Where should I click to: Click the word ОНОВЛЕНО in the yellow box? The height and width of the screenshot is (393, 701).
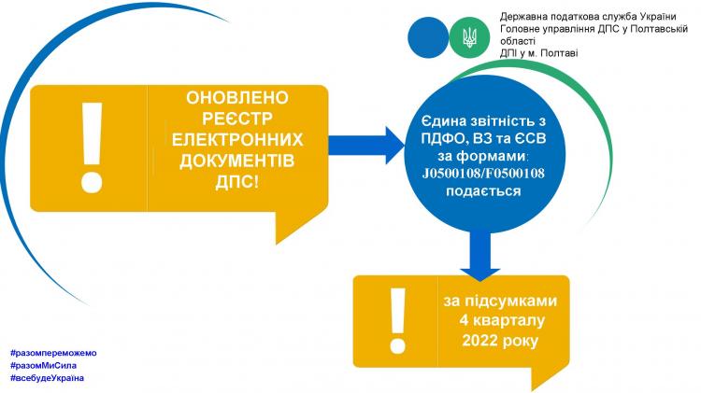(237, 98)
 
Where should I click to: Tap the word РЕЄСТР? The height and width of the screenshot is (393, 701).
(237, 119)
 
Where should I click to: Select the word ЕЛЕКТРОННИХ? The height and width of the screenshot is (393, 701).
(237, 140)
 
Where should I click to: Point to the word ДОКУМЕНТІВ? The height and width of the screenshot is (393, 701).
(237, 161)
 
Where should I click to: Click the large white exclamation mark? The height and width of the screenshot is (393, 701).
(93, 147)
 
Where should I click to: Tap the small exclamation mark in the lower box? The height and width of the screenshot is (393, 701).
(397, 320)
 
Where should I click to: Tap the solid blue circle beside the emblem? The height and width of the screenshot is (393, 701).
(428, 37)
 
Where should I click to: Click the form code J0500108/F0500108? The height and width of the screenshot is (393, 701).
(483, 174)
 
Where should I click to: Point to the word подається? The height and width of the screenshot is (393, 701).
(483, 191)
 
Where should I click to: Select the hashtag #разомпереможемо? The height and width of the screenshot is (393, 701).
(53, 353)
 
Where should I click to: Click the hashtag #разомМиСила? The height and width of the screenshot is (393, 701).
(43, 365)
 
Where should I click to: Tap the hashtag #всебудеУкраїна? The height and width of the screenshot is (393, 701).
(47, 378)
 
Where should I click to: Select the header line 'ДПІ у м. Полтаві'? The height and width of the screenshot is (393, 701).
(538, 53)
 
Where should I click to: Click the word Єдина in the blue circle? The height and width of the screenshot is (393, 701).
(443, 121)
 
